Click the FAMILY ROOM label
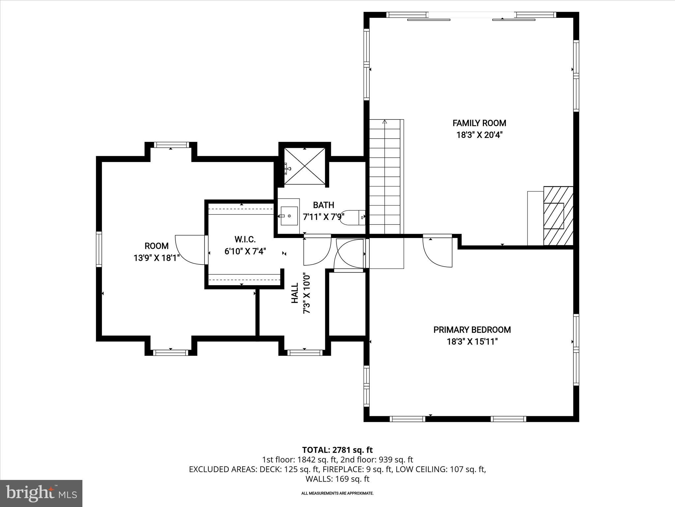(x=479, y=123)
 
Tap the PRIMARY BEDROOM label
(x=472, y=330)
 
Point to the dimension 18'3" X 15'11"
(x=472, y=342)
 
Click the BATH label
(x=323, y=205)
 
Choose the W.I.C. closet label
(x=245, y=239)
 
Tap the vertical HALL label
(x=295, y=293)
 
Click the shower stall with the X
(x=305, y=166)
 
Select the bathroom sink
(x=289, y=216)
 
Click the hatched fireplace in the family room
(x=558, y=216)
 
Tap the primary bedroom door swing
(x=438, y=253)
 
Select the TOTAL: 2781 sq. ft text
(x=337, y=450)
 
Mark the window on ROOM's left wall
(x=99, y=249)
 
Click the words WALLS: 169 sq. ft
(x=337, y=479)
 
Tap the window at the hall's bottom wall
(x=305, y=353)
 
